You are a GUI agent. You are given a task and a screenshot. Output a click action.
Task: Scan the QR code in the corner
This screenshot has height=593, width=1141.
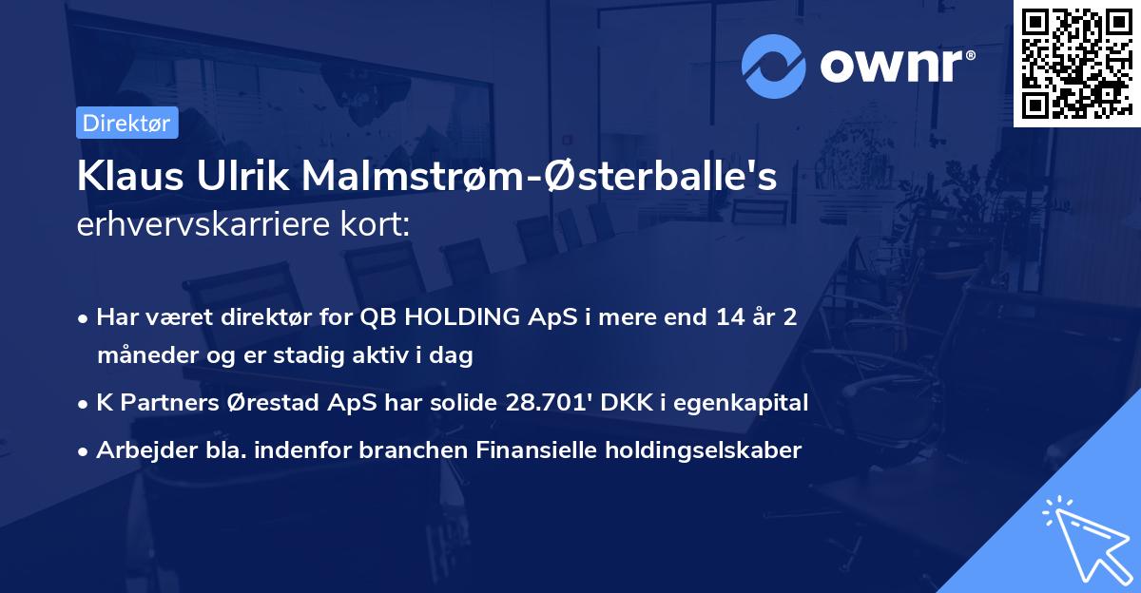1076,64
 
